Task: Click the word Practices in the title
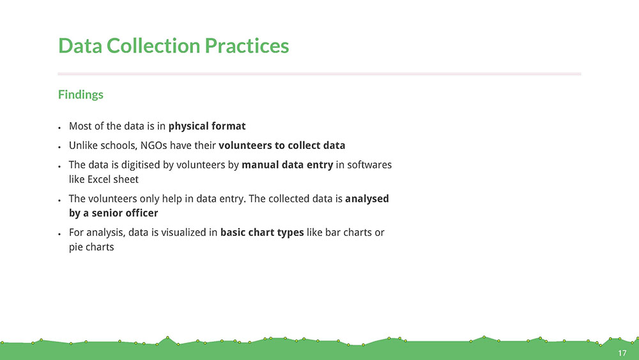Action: pyautogui.click(x=247, y=45)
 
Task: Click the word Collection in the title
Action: pyautogui.click(x=153, y=45)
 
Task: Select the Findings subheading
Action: pyautogui.click(x=81, y=95)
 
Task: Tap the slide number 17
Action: pyautogui.click(x=622, y=353)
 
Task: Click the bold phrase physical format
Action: pyautogui.click(x=207, y=126)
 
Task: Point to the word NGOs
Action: pyautogui.click(x=153, y=146)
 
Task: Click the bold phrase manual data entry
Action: pyautogui.click(x=288, y=165)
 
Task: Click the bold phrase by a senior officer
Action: pyautogui.click(x=113, y=213)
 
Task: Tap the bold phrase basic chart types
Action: pyautogui.click(x=262, y=232)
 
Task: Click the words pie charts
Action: pyautogui.click(x=91, y=247)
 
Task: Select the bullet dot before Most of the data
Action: pyautogui.click(x=59, y=128)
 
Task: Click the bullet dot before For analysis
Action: pyautogui.click(x=59, y=234)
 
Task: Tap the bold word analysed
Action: pyautogui.click(x=367, y=199)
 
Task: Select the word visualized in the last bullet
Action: pyautogui.click(x=184, y=232)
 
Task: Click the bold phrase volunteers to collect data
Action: pyautogui.click(x=282, y=146)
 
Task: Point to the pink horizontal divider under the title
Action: pyautogui.click(x=319, y=74)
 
